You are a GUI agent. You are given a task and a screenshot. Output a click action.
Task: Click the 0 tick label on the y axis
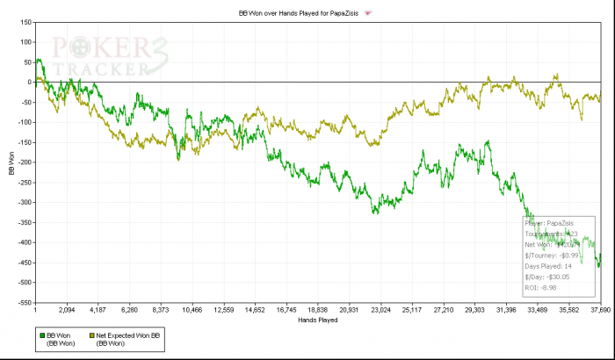coord(28,82)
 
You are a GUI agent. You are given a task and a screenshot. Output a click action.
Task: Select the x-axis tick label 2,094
coord(67,310)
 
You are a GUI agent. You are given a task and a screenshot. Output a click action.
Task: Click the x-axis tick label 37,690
coord(599,310)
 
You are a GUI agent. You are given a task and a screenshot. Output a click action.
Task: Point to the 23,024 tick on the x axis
coord(380,310)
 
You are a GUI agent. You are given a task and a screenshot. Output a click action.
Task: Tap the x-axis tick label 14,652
coord(255,310)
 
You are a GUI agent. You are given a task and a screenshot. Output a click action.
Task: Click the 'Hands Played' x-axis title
coord(317,320)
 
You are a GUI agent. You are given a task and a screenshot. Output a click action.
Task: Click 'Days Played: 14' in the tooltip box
coord(549,265)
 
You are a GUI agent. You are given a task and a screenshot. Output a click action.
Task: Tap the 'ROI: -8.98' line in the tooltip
coord(539,287)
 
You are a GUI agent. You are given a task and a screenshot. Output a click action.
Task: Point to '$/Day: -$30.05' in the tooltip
coord(546,276)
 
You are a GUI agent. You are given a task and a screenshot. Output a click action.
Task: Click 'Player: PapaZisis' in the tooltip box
coord(553,223)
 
